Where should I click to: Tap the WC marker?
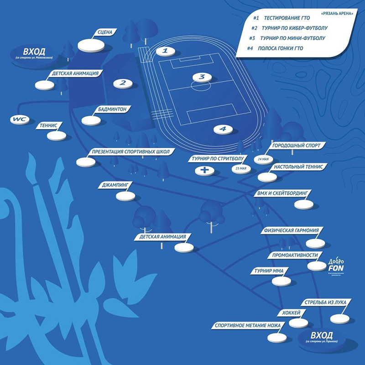[19, 119]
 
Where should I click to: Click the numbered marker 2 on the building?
[123, 83]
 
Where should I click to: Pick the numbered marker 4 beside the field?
[223, 129]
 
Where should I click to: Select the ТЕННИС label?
[48, 125]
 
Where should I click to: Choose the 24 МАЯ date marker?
[263, 159]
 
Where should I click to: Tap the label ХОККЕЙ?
[292, 313]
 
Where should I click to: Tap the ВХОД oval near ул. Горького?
[323, 337]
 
